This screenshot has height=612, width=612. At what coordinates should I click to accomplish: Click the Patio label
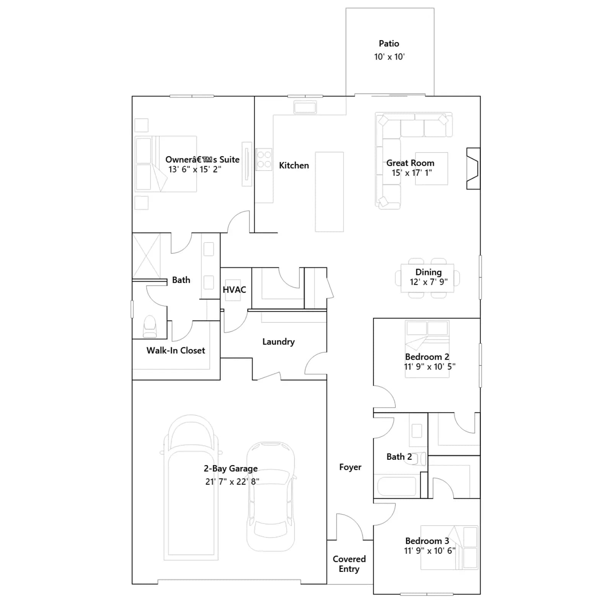coord(389,44)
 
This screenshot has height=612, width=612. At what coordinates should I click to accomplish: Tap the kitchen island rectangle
coord(329,192)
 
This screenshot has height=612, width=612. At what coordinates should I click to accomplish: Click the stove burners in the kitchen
coord(264,160)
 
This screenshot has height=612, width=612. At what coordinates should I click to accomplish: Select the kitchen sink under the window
coord(305,107)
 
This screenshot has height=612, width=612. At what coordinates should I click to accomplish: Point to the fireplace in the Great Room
coord(473,169)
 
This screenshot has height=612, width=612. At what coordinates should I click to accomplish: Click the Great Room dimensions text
coord(412,173)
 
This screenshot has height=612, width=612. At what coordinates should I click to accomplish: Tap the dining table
coord(428,278)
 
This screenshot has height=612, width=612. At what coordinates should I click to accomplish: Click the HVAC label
coord(234,290)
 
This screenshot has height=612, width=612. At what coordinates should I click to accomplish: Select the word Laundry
coord(278,342)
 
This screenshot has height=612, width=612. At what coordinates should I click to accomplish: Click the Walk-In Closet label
coord(176,350)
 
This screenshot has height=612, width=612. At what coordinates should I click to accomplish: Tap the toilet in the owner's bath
coord(150,327)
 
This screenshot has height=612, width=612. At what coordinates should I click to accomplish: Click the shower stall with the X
coord(146,256)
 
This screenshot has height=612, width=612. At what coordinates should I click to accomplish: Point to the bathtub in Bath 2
coord(397,486)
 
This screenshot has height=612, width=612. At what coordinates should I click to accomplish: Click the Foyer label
coord(350,467)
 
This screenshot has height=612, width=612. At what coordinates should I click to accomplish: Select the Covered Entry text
coord(349,564)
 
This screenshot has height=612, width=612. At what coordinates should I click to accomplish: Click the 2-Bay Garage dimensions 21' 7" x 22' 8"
coord(232,482)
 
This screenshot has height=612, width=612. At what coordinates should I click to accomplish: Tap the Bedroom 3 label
coord(427,541)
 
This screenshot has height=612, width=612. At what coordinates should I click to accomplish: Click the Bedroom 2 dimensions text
coord(430,366)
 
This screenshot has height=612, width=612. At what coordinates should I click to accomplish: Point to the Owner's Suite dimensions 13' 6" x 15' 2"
coord(195,169)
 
